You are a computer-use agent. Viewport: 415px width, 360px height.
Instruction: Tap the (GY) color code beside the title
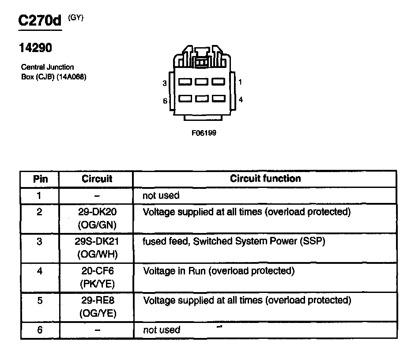coord(76,18)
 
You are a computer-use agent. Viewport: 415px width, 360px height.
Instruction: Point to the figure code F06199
coord(204,132)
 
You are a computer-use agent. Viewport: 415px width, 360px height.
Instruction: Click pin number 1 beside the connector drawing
coord(240,82)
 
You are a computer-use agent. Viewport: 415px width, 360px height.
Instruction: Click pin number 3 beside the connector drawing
coord(164,83)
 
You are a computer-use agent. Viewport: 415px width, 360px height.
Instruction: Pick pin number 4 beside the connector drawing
coord(240,100)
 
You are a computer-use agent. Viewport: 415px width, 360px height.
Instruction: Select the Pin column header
coord(40,179)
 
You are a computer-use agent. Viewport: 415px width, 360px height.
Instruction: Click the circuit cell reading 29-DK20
coord(97,212)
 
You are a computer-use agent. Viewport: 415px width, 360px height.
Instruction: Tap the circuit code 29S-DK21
coord(97,241)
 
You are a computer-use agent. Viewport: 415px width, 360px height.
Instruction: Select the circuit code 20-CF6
coord(97,271)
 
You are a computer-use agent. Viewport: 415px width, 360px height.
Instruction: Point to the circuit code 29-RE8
coord(97,300)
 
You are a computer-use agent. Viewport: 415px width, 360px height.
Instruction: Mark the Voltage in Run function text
coord(219,271)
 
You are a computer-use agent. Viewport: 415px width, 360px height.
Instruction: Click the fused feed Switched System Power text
coord(234,241)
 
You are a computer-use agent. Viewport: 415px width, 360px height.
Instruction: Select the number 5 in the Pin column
coord(40,300)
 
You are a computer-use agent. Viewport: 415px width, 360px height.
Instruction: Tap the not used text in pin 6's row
coord(162,330)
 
